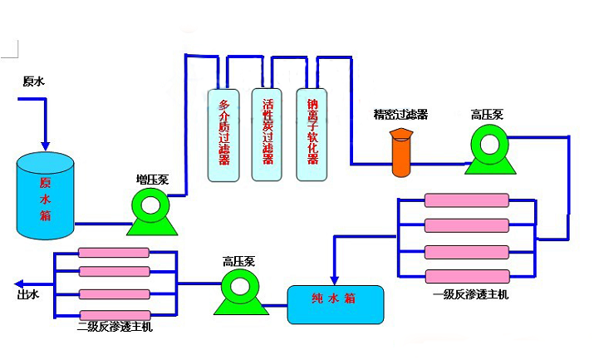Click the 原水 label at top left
click(33, 81)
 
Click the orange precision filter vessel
click(402, 153)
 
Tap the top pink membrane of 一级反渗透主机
click(466, 200)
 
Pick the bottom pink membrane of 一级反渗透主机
click(466, 276)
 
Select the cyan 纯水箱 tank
click(336, 304)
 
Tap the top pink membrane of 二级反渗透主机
click(114, 253)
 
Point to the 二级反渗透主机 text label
click(114, 327)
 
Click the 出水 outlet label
click(27, 293)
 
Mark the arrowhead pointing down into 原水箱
click(47, 145)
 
